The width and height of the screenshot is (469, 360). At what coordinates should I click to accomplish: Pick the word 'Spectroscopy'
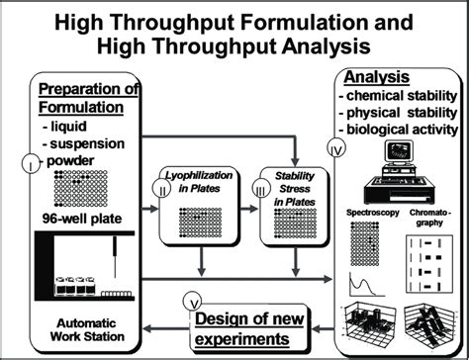tap(371, 213)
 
